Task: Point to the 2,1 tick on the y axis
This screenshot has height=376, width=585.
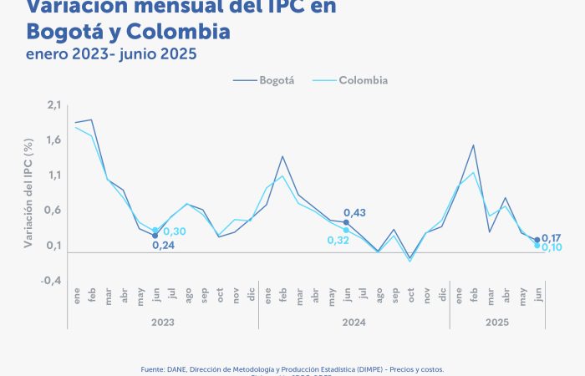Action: (54, 104)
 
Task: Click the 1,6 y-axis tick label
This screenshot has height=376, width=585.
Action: (54, 140)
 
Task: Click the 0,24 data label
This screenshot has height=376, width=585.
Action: (164, 246)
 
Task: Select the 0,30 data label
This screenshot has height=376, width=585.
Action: (175, 231)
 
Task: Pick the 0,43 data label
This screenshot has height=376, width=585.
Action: (354, 213)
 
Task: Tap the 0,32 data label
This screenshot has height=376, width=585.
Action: (338, 241)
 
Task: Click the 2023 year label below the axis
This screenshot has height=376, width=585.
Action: (163, 322)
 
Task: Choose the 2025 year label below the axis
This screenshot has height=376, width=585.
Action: (498, 322)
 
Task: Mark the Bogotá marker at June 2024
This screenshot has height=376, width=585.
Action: (346, 222)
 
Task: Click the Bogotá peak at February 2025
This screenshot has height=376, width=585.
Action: (474, 145)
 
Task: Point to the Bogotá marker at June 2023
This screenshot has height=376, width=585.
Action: (155, 236)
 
